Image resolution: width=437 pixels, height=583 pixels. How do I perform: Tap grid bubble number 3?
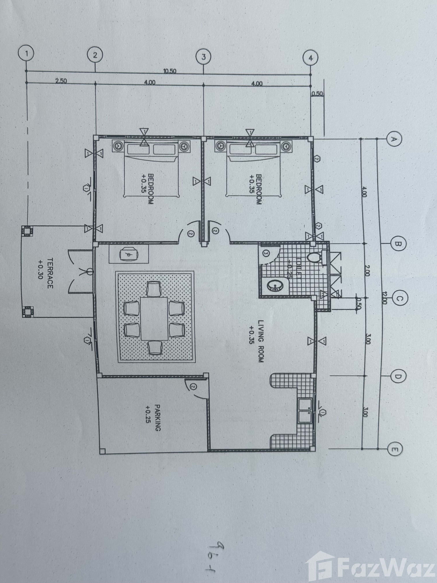[203, 57]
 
